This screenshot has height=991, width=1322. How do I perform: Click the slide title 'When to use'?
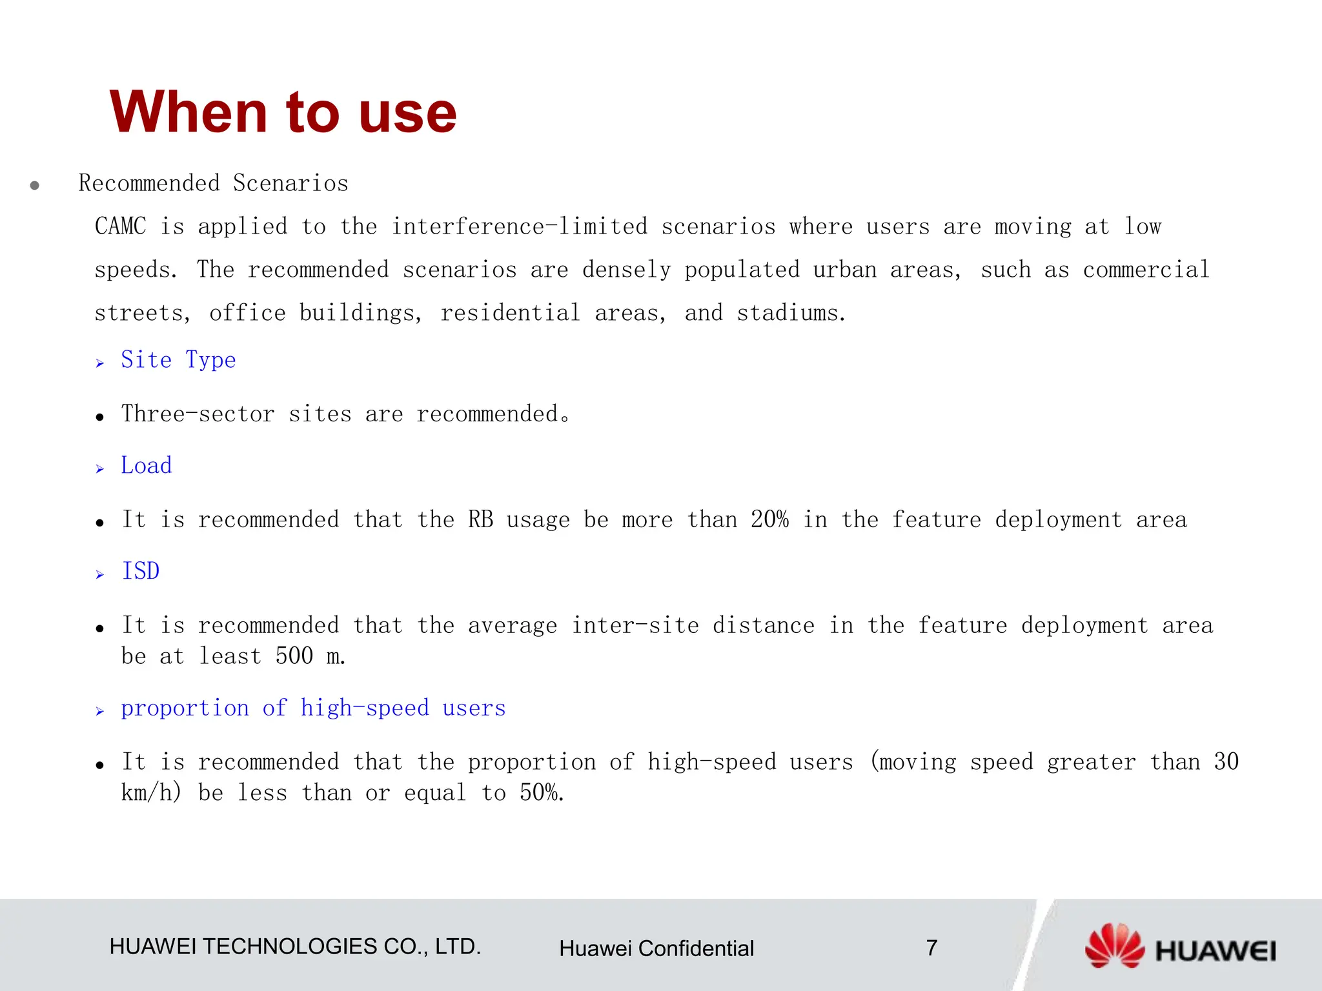coord(283,112)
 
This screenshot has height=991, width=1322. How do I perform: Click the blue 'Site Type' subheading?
coord(178,360)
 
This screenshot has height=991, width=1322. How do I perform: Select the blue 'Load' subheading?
coord(147,466)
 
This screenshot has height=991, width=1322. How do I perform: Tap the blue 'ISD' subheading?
coord(141,572)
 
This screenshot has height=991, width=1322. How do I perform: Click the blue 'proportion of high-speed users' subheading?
coord(313,708)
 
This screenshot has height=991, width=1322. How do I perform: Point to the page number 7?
coord(931,948)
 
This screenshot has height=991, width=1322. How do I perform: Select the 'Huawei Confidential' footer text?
coord(656,948)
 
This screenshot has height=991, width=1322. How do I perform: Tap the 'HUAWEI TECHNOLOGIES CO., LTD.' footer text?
coord(295,946)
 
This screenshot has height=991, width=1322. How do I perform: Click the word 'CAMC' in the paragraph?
coord(121,226)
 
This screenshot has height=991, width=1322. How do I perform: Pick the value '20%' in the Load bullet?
coord(769,520)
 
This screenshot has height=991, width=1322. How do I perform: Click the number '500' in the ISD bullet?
coord(294,656)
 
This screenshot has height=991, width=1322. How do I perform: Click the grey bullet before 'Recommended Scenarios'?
coord(35,186)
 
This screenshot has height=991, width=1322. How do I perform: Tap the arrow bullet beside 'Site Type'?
coord(100,363)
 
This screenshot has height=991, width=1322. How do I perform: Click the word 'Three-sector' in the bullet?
coord(198,414)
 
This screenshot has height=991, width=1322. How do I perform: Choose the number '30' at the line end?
coord(1226,762)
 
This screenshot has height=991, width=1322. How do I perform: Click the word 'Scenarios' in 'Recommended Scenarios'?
coord(290,183)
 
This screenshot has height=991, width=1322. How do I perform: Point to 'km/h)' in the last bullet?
coord(152,793)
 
